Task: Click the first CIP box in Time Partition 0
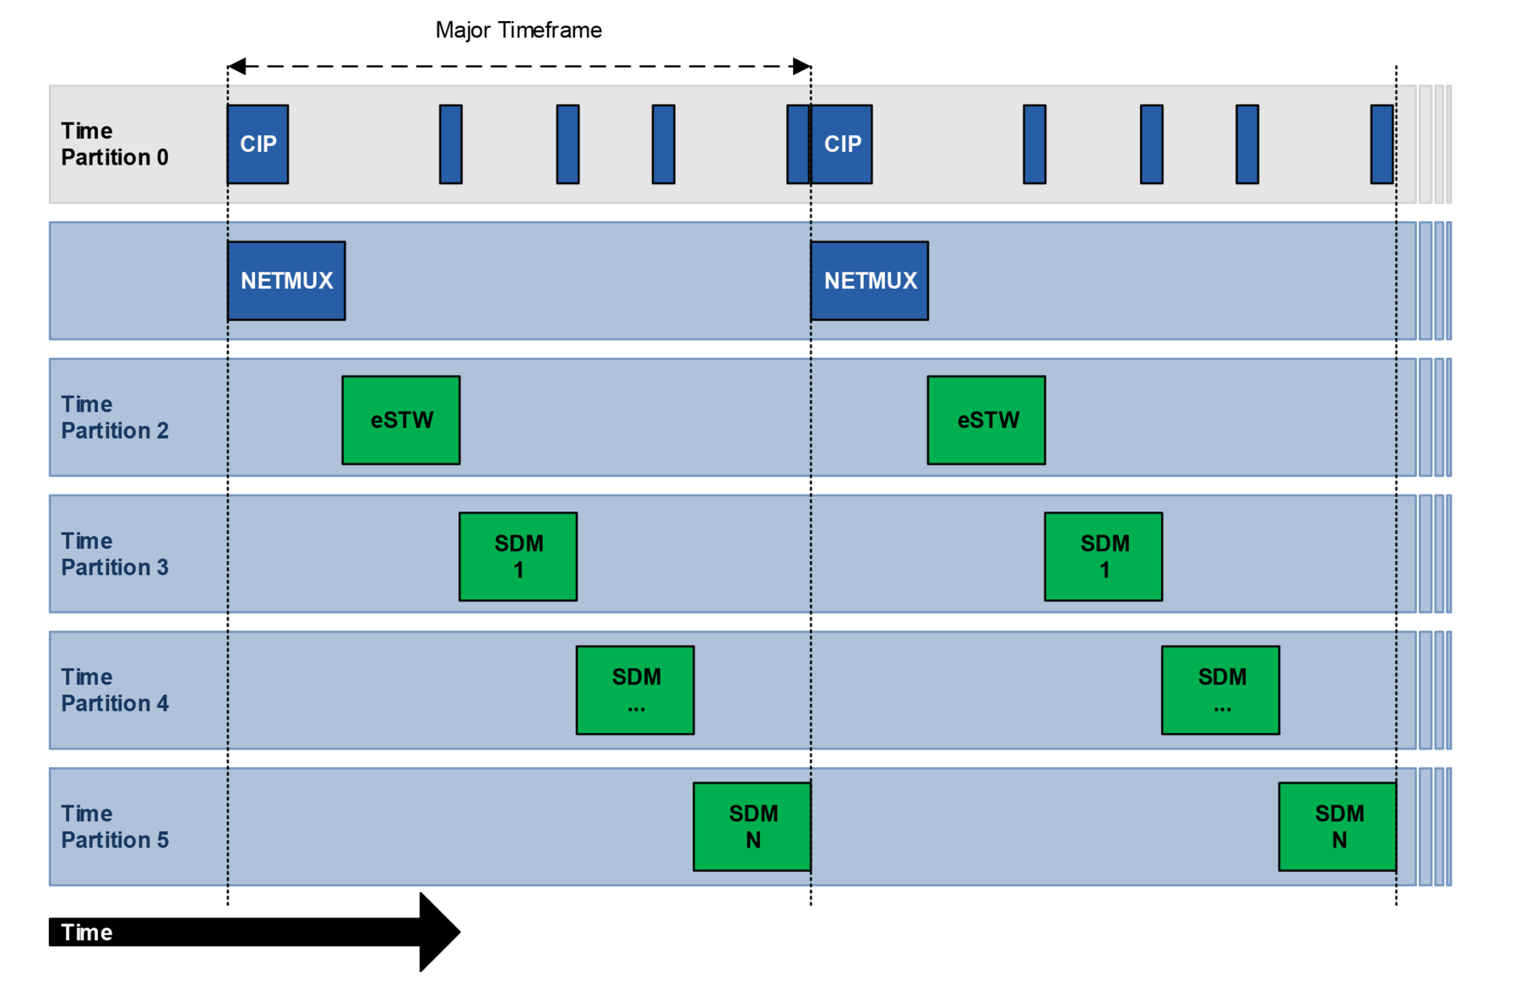pos(258,144)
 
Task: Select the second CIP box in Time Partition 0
pos(842,144)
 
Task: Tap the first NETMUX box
pos(286,281)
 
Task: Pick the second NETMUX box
pos(870,281)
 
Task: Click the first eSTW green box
pos(401,420)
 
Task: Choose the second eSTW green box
pos(986,420)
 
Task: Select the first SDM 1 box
pos(518,557)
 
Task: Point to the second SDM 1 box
pos(1103,557)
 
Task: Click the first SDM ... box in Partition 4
pos(635,690)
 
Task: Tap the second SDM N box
pos(1338,827)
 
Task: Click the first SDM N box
pos(752,827)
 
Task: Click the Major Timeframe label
pos(518,30)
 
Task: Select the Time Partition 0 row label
pos(115,144)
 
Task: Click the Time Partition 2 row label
pos(115,418)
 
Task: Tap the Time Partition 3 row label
pos(115,555)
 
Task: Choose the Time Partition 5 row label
pos(115,827)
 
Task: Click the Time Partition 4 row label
pos(115,690)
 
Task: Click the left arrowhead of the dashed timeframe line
pos(237,67)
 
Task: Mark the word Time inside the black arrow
pos(86,933)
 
